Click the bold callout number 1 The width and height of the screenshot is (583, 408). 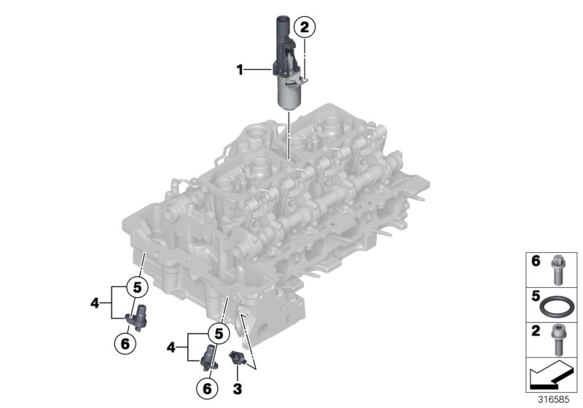(239, 70)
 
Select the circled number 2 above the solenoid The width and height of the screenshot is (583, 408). (305, 28)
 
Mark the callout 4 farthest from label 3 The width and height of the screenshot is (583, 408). (95, 299)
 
